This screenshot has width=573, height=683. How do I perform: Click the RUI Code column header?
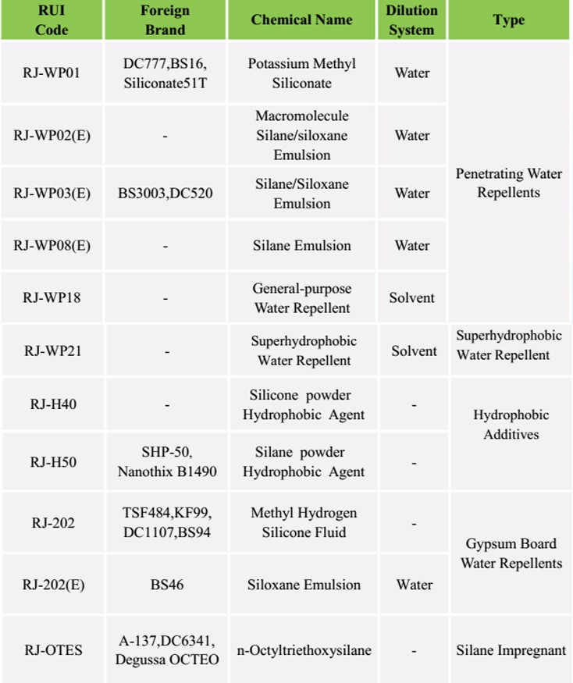52,20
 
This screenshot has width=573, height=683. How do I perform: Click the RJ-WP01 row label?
52,73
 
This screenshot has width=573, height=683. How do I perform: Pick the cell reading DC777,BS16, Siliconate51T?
165,73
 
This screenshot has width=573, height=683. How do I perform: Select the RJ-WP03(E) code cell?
52,193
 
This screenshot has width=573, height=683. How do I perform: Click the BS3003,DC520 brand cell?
165,193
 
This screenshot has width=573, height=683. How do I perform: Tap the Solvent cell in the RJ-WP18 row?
411,297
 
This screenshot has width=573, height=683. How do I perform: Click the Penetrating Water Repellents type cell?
508,183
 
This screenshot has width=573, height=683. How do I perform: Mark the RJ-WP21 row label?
52,350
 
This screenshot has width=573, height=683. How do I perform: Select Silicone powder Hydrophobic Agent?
303,404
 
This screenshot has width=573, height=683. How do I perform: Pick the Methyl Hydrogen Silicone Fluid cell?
303,522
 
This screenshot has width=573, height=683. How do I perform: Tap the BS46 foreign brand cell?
166,585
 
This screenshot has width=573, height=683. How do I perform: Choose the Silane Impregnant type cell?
511,649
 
